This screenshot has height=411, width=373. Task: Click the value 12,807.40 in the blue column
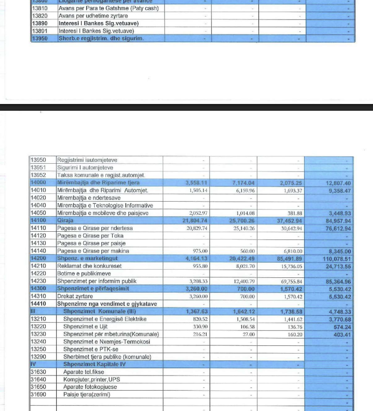tap(339, 183)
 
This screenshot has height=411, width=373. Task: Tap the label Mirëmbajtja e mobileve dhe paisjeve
tap(102, 213)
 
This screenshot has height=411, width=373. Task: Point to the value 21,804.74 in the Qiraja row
tap(196, 221)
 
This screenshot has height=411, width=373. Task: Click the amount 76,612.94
tap(339, 228)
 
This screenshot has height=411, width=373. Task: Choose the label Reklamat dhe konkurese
tap(89, 266)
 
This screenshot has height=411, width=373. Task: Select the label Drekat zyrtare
tap(75, 296)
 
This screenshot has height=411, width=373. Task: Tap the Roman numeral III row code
tap(34, 311)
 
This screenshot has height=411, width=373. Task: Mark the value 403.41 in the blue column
tap(342, 335)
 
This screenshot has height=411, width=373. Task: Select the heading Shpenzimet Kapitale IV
tap(94, 364)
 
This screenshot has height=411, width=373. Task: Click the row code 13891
tap(38, 31)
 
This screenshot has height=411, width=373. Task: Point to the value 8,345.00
tap(339, 251)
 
